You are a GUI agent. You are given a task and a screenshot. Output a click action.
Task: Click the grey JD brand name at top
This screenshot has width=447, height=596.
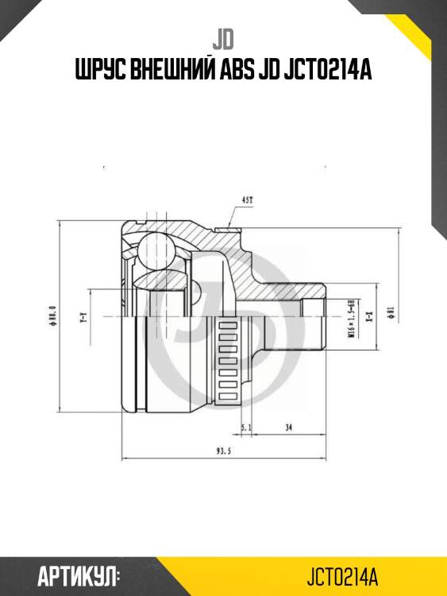tap(223, 37)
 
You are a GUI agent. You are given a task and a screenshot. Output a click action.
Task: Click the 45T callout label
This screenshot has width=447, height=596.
tap(248, 199)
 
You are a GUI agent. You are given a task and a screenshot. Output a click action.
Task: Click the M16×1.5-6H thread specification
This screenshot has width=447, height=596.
tap(350, 319)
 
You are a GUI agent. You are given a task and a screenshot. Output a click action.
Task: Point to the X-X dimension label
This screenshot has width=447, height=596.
tap(369, 319)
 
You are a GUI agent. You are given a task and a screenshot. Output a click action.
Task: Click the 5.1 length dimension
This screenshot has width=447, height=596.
tap(246, 427)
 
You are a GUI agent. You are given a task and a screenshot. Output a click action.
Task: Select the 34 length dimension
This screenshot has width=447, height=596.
tap(288, 427)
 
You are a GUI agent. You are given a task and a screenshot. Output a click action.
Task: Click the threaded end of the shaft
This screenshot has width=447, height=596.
tap(314, 324)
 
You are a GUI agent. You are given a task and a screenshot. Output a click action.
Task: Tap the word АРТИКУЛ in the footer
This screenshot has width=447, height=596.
tap(79, 575)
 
